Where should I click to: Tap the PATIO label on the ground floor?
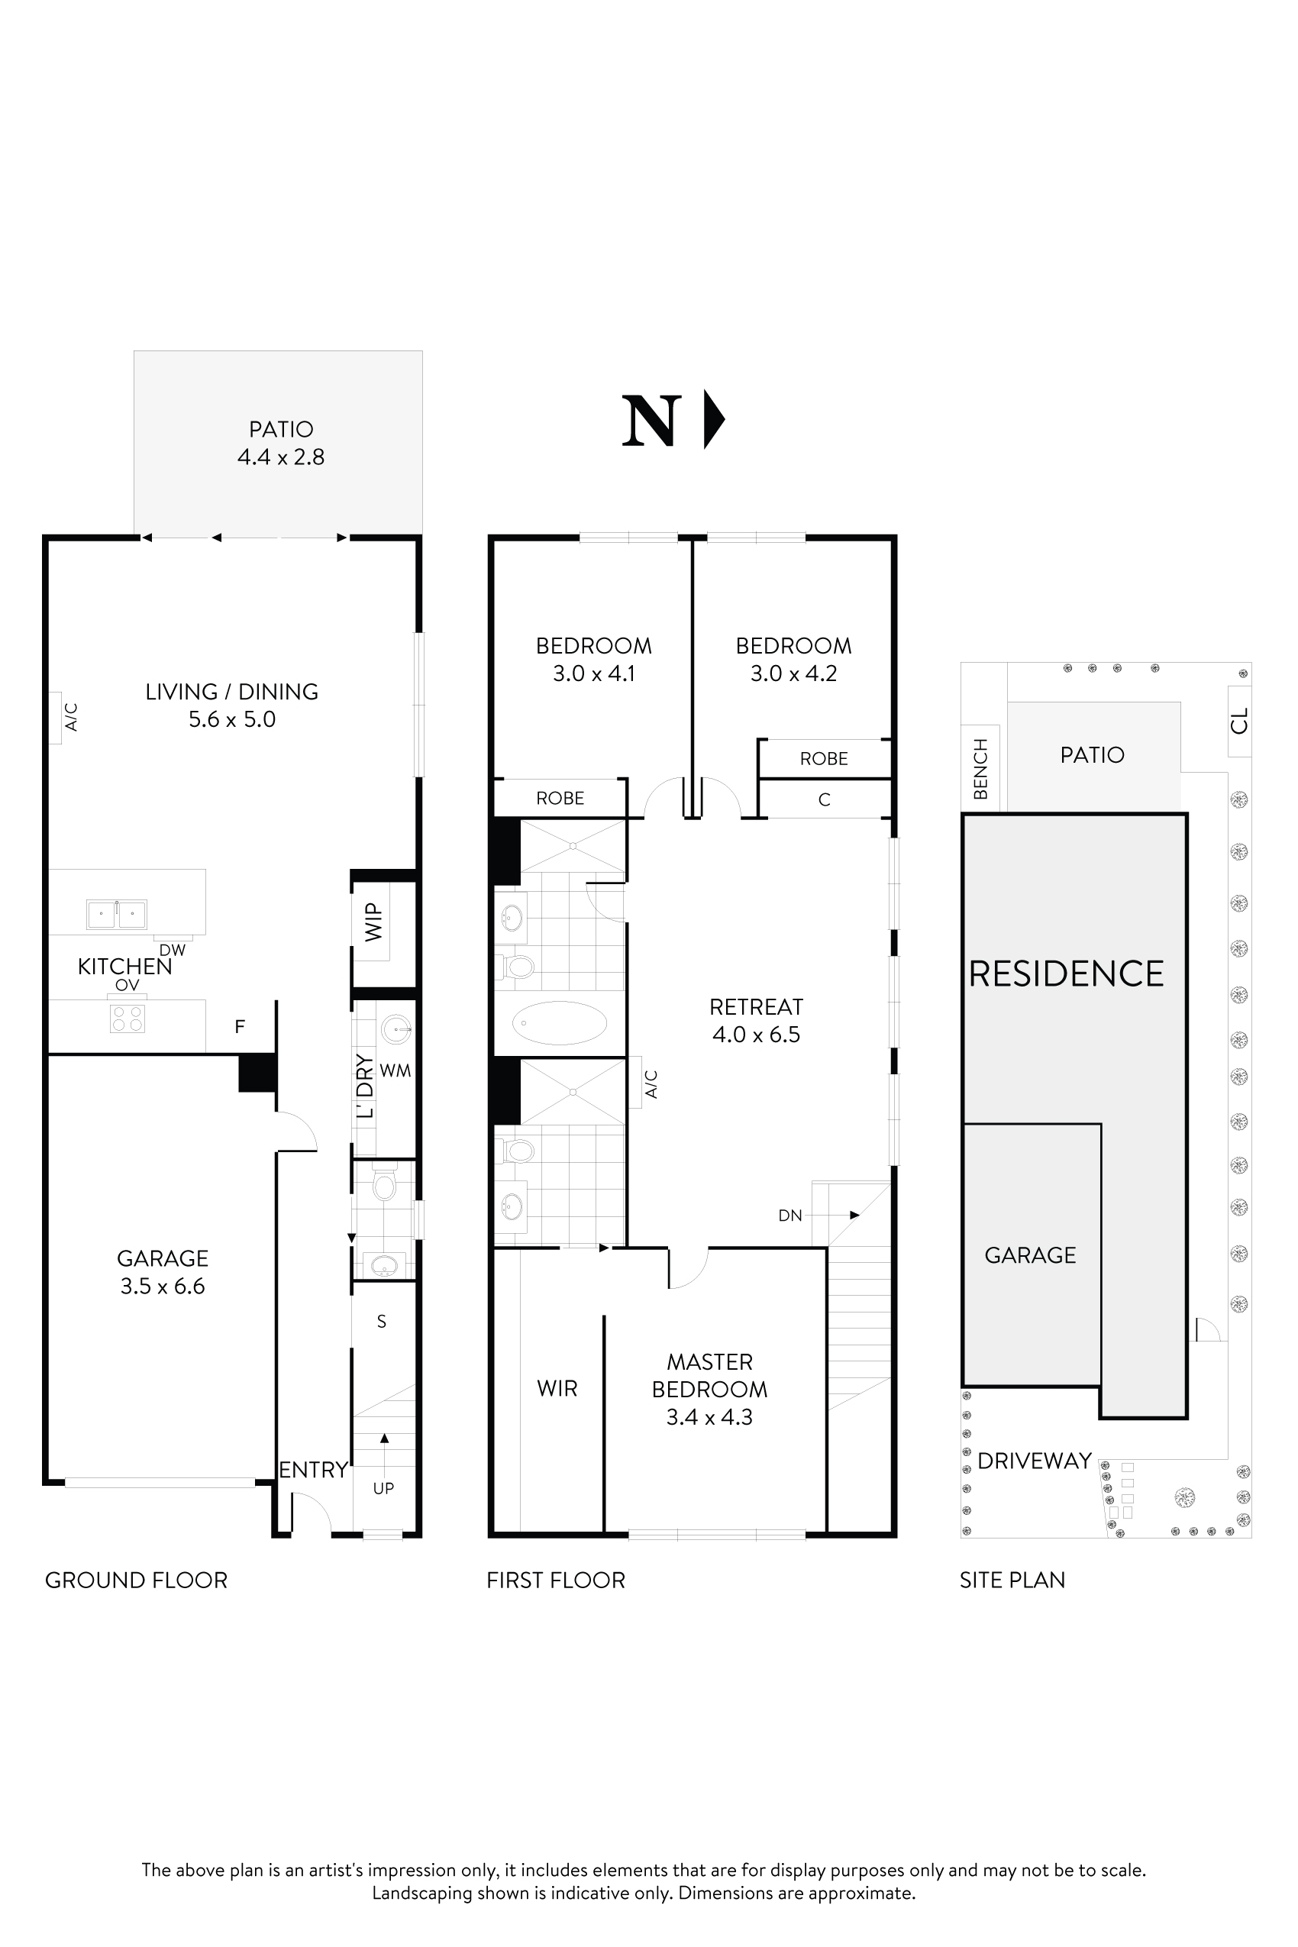282,430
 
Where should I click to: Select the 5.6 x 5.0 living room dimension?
232,719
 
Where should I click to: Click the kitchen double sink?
117,915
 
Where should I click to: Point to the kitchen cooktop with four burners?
127,1019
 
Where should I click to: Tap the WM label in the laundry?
395,1070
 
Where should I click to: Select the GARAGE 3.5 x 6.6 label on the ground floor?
162,1272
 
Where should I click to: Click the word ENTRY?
313,1471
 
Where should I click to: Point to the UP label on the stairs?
383,1488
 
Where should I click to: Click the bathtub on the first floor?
560,1023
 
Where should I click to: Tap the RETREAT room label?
756,1006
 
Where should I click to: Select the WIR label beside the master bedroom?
557,1389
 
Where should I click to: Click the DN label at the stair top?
789,1216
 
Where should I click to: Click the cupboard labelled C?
824,799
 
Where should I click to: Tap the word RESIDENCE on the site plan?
1066,973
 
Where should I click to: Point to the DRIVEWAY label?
1035,1461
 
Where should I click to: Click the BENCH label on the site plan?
981,768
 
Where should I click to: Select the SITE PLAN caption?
1012,1581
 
